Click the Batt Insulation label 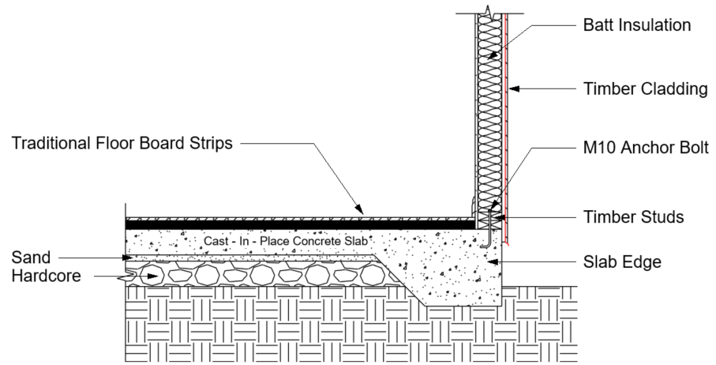(636, 24)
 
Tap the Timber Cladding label (645, 88)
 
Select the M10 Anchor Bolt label (646, 148)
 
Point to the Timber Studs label (633, 216)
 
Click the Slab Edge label (622, 262)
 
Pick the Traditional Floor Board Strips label (122, 143)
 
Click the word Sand (31, 258)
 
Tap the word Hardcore (46, 276)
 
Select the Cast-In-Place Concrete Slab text (286, 241)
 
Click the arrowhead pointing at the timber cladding (514, 88)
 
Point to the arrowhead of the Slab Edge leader (493, 262)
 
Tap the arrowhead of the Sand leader (129, 258)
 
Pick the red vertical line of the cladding (507, 128)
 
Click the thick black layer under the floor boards (300, 224)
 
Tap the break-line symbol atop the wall (489, 10)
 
